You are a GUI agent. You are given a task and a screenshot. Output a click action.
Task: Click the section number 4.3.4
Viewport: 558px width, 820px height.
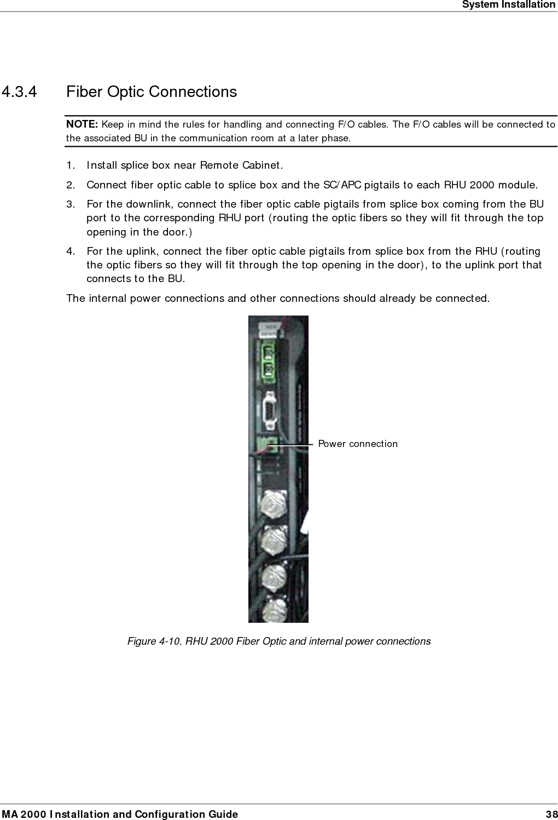[20, 91]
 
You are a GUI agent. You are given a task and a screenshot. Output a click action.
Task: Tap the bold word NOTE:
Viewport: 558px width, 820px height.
[82, 124]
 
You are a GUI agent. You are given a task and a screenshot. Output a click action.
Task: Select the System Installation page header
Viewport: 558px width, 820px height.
[508, 5]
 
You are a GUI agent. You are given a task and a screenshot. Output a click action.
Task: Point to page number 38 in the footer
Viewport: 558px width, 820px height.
[551, 814]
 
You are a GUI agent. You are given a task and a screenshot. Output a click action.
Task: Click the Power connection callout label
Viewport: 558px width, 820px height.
[358, 444]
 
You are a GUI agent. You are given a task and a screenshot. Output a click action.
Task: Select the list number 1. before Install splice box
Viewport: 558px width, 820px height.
[71, 165]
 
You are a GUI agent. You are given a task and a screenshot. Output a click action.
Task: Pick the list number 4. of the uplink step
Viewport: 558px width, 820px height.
[71, 251]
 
